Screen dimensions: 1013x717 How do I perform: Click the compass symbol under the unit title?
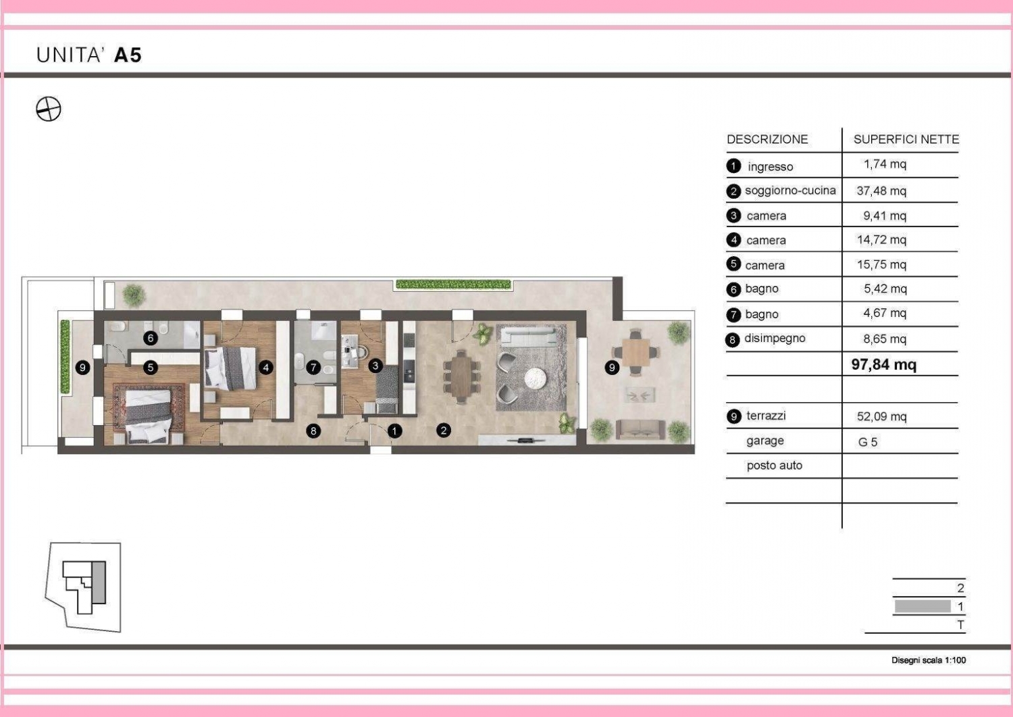[49, 109]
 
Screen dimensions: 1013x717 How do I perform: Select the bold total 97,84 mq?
[883, 364]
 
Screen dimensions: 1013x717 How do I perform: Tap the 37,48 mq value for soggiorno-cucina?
[881, 191]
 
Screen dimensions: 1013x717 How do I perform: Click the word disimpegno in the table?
[775, 339]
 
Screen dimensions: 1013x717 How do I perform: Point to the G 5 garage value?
[867, 442]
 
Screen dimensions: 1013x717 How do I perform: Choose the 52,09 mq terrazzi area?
[881, 416]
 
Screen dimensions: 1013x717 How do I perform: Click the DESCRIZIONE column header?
[767, 139]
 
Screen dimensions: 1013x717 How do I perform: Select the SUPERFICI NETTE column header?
[906, 139]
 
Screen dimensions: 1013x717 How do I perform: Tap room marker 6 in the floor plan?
[151, 338]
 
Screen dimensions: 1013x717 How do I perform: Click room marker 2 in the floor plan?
[443, 430]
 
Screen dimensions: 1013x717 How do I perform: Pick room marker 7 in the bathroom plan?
[313, 367]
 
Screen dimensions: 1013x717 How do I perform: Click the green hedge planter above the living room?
[453, 285]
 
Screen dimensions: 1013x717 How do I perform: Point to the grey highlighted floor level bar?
[923, 606]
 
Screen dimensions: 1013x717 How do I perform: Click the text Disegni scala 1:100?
[929, 660]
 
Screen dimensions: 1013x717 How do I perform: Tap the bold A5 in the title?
[128, 55]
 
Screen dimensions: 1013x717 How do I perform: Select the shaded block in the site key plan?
[99, 583]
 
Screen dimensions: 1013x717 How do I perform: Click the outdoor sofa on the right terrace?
[641, 430]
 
